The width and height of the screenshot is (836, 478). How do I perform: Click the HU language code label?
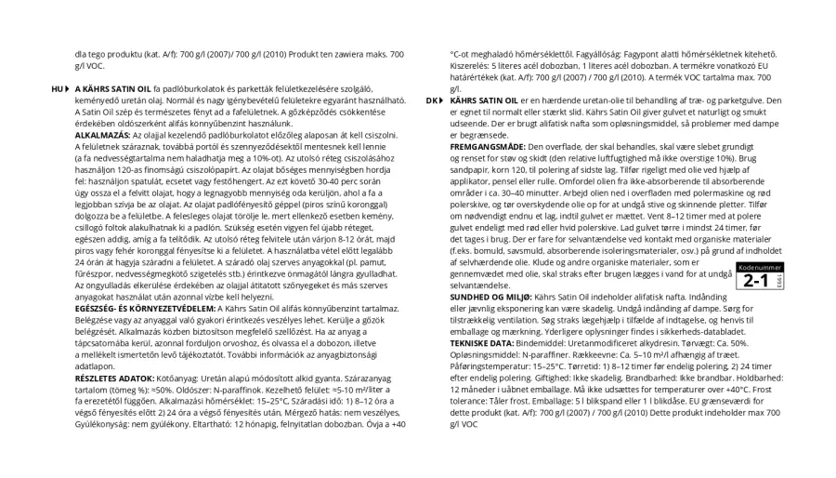[x=57, y=88]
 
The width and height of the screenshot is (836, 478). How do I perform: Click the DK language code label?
[x=431, y=100]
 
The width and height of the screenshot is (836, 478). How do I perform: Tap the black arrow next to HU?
[x=68, y=88]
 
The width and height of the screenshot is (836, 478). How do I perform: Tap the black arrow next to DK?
[x=442, y=100]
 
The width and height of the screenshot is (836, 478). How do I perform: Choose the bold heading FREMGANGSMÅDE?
[x=488, y=146]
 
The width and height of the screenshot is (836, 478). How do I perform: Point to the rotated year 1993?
[x=777, y=280]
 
